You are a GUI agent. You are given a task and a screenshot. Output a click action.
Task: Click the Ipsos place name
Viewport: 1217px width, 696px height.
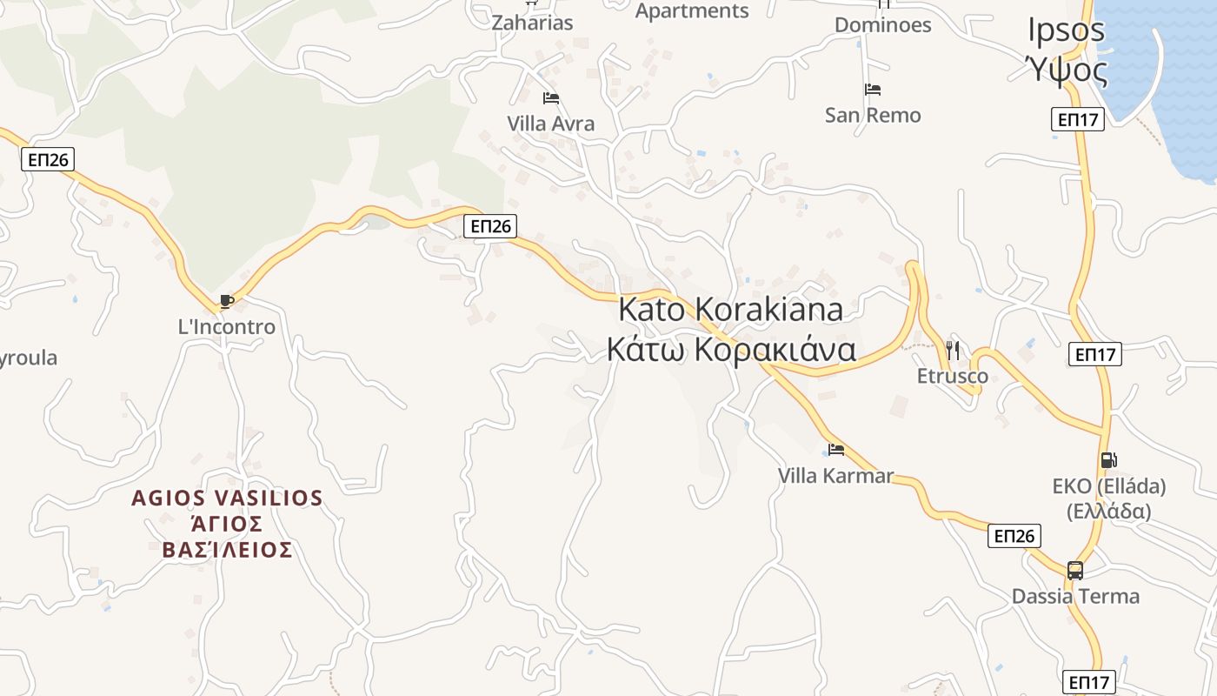pos(1066,30)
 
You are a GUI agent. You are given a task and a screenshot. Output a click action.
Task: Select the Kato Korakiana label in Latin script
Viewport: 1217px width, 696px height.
pos(730,309)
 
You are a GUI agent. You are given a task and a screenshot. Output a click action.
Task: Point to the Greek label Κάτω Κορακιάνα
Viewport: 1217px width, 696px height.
pos(730,350)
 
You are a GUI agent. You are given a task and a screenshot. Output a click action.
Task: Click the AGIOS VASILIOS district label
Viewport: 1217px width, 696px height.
pos(227,499)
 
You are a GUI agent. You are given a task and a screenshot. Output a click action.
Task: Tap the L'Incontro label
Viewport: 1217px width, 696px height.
pos(226,327)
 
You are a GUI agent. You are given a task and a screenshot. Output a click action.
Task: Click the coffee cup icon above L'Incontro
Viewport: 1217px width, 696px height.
pos(226,301)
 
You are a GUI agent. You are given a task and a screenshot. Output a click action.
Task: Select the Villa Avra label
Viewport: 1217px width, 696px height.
pos(551,124)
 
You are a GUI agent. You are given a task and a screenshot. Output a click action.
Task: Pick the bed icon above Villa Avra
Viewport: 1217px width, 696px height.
pos(550,98)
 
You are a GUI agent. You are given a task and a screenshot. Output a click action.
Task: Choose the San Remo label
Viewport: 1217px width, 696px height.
pos(873,115)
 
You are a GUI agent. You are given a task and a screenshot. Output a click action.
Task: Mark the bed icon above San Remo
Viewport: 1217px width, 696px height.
pos(873,90)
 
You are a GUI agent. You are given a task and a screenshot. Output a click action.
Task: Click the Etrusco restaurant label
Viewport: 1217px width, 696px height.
pos(953,376)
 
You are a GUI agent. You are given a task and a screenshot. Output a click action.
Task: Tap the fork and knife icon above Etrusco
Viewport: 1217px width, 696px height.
pos(953,350)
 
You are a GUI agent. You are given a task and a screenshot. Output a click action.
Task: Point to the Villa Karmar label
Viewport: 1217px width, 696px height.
pos(835,476)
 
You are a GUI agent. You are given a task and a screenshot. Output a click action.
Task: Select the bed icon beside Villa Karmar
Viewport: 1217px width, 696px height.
pos(836,450)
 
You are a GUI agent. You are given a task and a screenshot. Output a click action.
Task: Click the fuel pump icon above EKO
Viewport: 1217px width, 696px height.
pos(1108,460)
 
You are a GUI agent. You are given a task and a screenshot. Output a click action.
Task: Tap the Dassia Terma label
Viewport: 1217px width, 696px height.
pos(1075,596)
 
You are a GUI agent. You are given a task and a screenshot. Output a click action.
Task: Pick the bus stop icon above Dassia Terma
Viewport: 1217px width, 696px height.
pos(1075,571)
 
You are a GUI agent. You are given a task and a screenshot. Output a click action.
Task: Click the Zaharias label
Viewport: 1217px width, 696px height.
pos(532,23)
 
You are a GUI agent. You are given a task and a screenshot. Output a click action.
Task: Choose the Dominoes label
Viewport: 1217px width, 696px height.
pos(882,24)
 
